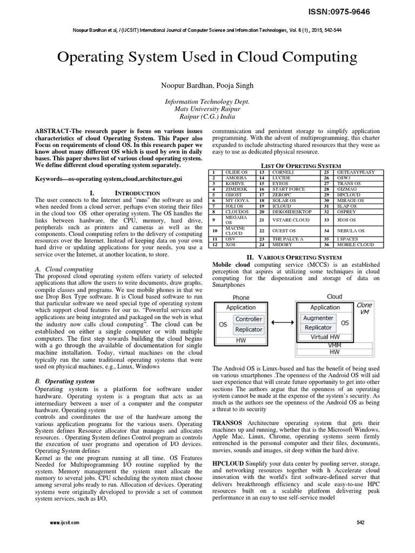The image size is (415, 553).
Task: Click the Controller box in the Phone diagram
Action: [x=249, y=319]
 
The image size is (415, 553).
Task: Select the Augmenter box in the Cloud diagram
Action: [x=318, y=319]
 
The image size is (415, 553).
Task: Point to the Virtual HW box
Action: [x=325, y=337]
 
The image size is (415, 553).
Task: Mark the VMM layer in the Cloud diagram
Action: [x=334, y=345]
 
